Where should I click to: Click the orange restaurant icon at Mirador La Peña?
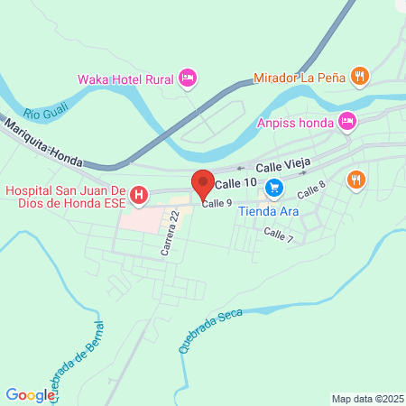coord(359,76)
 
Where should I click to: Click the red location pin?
coord(203,184)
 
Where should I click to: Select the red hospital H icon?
coord(139,194)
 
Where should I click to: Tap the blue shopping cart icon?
coord(275,189)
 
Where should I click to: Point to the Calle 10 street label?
coord(237,184)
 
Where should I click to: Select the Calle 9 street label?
coord(217,204)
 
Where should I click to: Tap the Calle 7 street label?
coord(278,235)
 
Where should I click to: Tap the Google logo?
coord(31,394)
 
